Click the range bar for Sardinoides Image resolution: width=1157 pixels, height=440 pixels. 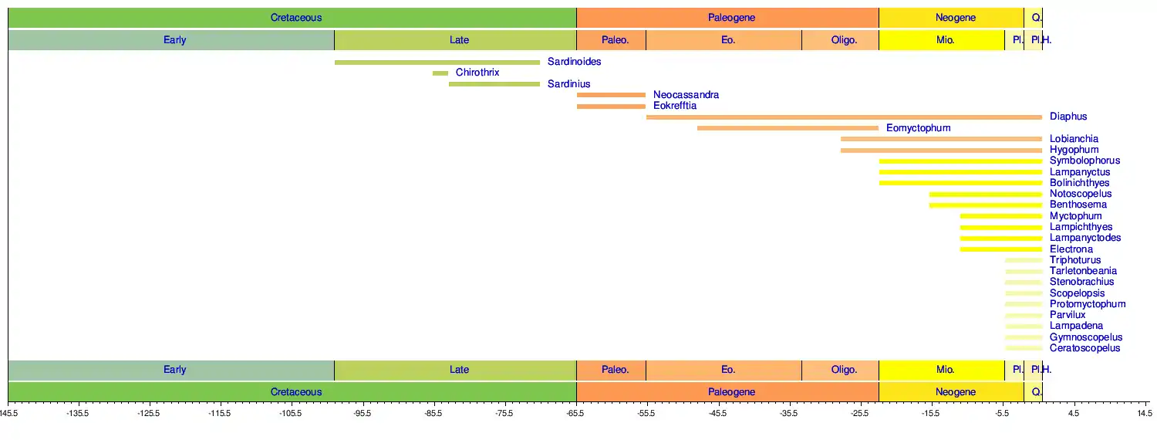[x=437, y=62]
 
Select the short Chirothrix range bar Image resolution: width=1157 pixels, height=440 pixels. [x=440, y=73]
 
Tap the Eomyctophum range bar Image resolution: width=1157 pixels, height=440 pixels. [x=788, y=128]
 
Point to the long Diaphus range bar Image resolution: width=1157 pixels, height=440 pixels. [x=844, y=117]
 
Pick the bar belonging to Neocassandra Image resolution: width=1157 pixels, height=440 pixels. [x=611, y=95]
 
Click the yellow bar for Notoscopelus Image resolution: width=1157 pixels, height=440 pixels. [x=985, y=194]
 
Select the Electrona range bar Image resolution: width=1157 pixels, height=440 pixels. [x=1000, y=249]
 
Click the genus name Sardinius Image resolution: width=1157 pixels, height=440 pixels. [x=569, y=84]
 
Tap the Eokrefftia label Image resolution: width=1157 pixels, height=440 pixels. [x=675, y=106]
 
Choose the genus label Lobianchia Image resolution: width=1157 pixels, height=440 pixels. [x=1074, y=139]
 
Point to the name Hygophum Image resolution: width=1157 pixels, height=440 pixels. [x=1074, y=150]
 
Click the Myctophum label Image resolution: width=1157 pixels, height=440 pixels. [x=1075, y=216]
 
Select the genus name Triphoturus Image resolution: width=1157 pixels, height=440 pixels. [x=1075, y=260]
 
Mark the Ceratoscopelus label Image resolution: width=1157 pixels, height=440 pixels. [x=1084, y=348]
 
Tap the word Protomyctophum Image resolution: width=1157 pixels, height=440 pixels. [x=1088, y=304]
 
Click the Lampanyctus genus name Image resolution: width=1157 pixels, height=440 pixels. [x=1080, y=172]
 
